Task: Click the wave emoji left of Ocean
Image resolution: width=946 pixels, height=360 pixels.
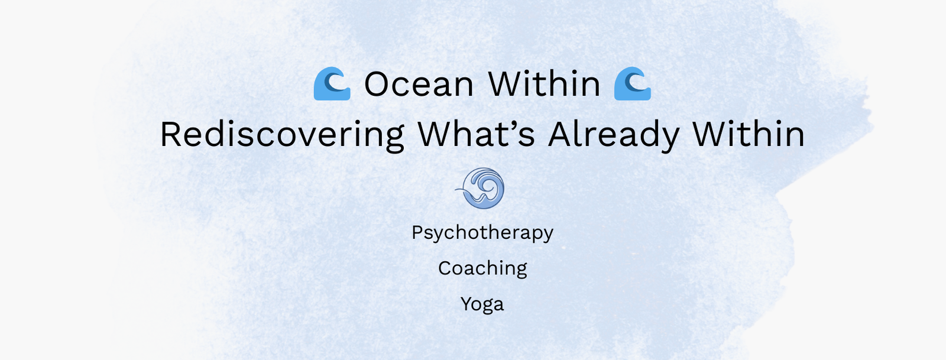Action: pos(332,83)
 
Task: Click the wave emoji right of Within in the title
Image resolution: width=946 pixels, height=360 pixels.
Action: pos(633,83)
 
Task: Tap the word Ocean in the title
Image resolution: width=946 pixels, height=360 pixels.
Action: pos(419,85)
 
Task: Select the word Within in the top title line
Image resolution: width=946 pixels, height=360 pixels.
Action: pos(544,83)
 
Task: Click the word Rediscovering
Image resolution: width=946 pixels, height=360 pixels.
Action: pos(282,135)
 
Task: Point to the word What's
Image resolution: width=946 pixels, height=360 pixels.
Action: pos(477,134)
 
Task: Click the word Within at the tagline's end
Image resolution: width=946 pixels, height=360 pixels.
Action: pos(749,134)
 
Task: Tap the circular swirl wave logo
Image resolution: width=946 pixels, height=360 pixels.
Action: pos(481,188)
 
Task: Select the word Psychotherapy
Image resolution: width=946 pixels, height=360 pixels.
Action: pos(482,233)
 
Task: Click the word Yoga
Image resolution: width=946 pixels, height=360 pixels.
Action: pos(482,304)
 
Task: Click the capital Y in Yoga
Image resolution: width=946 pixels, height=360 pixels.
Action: pos(467,304)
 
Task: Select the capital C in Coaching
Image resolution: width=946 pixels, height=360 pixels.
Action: pos(445,268)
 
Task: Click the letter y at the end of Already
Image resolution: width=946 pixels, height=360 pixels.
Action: pos(669,140)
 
